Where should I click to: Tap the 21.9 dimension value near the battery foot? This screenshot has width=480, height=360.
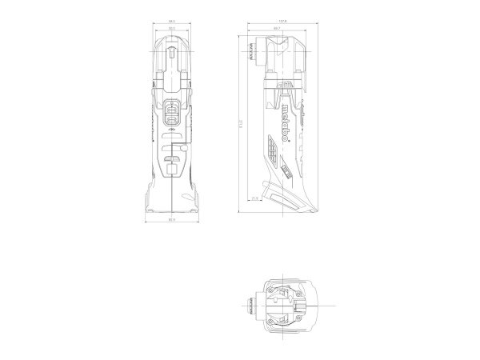[254, 198]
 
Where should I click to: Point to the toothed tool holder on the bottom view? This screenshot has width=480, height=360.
[254, 304]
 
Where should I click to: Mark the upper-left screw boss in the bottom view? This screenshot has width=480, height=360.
[274, 286]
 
